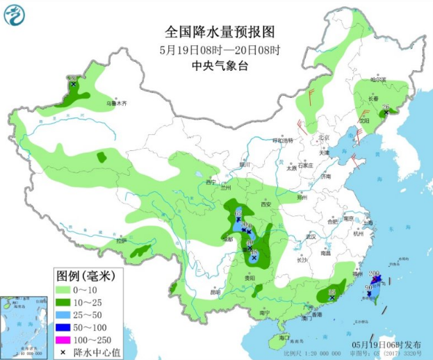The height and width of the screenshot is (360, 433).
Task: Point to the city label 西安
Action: point(264,204)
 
